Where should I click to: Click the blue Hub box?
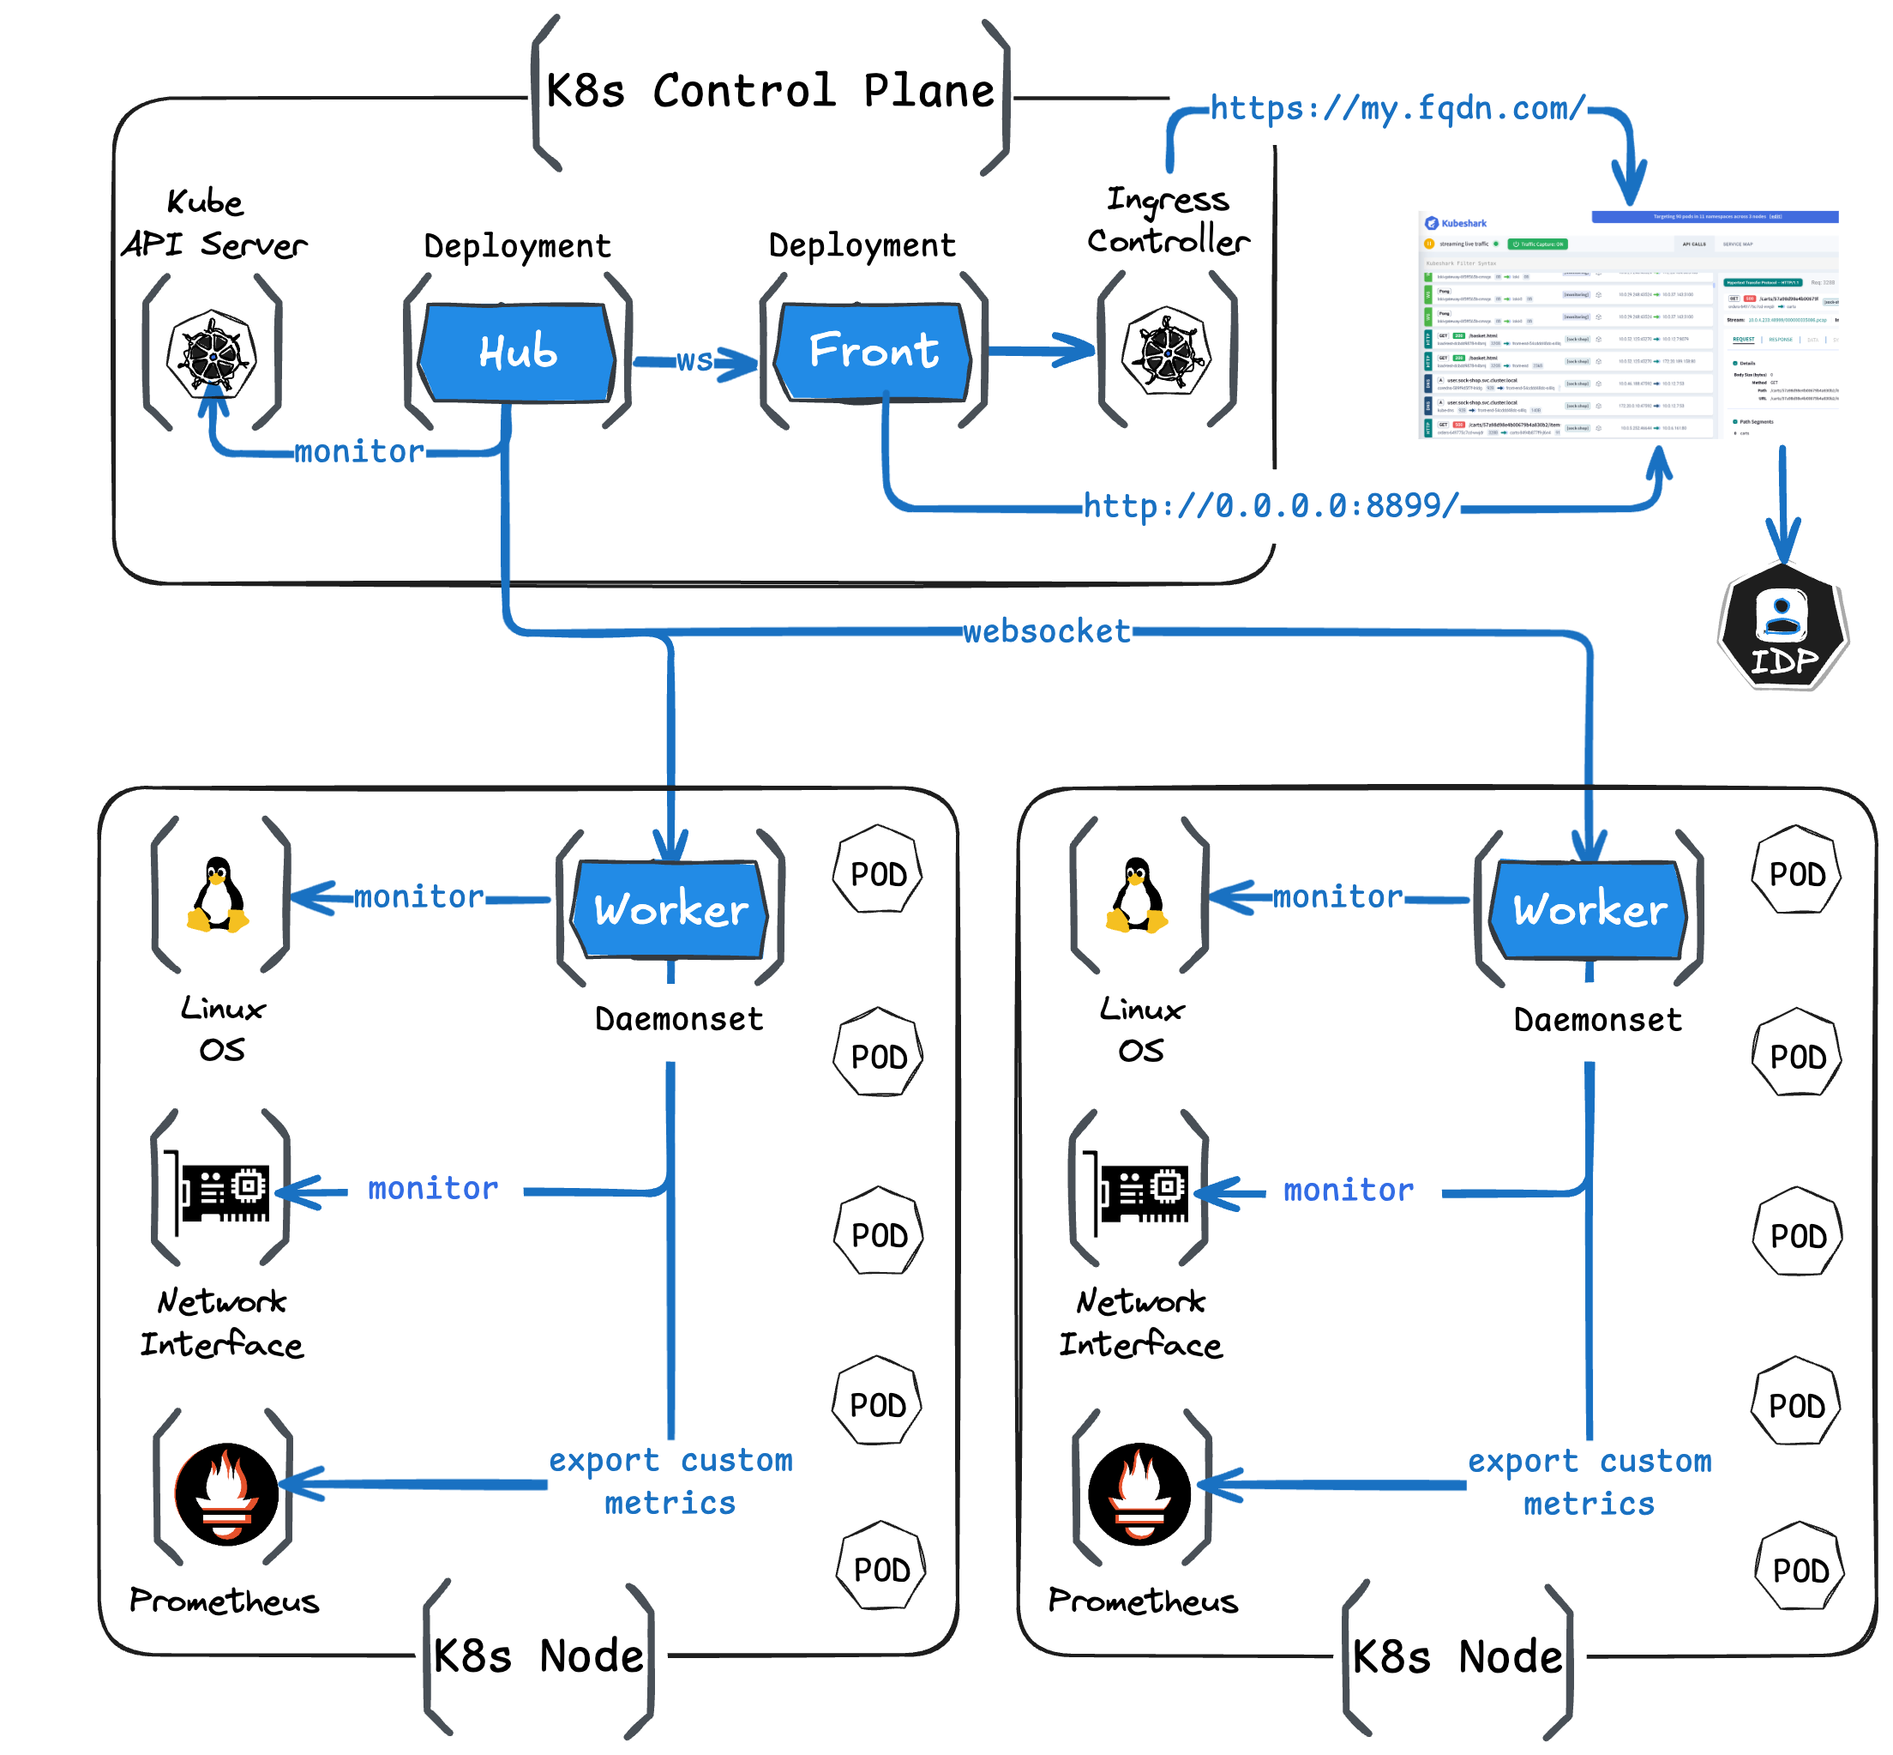point(517,353)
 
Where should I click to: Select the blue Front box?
point(874,351)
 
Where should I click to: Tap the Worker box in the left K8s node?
point(670,909)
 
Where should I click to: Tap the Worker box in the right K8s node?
point(1589,909)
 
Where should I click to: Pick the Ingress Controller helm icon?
point(1166,352)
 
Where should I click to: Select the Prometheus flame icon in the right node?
point(1139,1494)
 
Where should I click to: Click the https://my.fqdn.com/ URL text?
point(1397,108)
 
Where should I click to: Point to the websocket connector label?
point(1046,630)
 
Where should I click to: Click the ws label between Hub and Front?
point(694,361)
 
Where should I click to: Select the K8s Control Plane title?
point(769,91)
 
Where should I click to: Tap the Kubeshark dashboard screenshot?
point(1627,325)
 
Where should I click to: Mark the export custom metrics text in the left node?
point(670,1481)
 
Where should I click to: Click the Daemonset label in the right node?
point(1597,1020)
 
